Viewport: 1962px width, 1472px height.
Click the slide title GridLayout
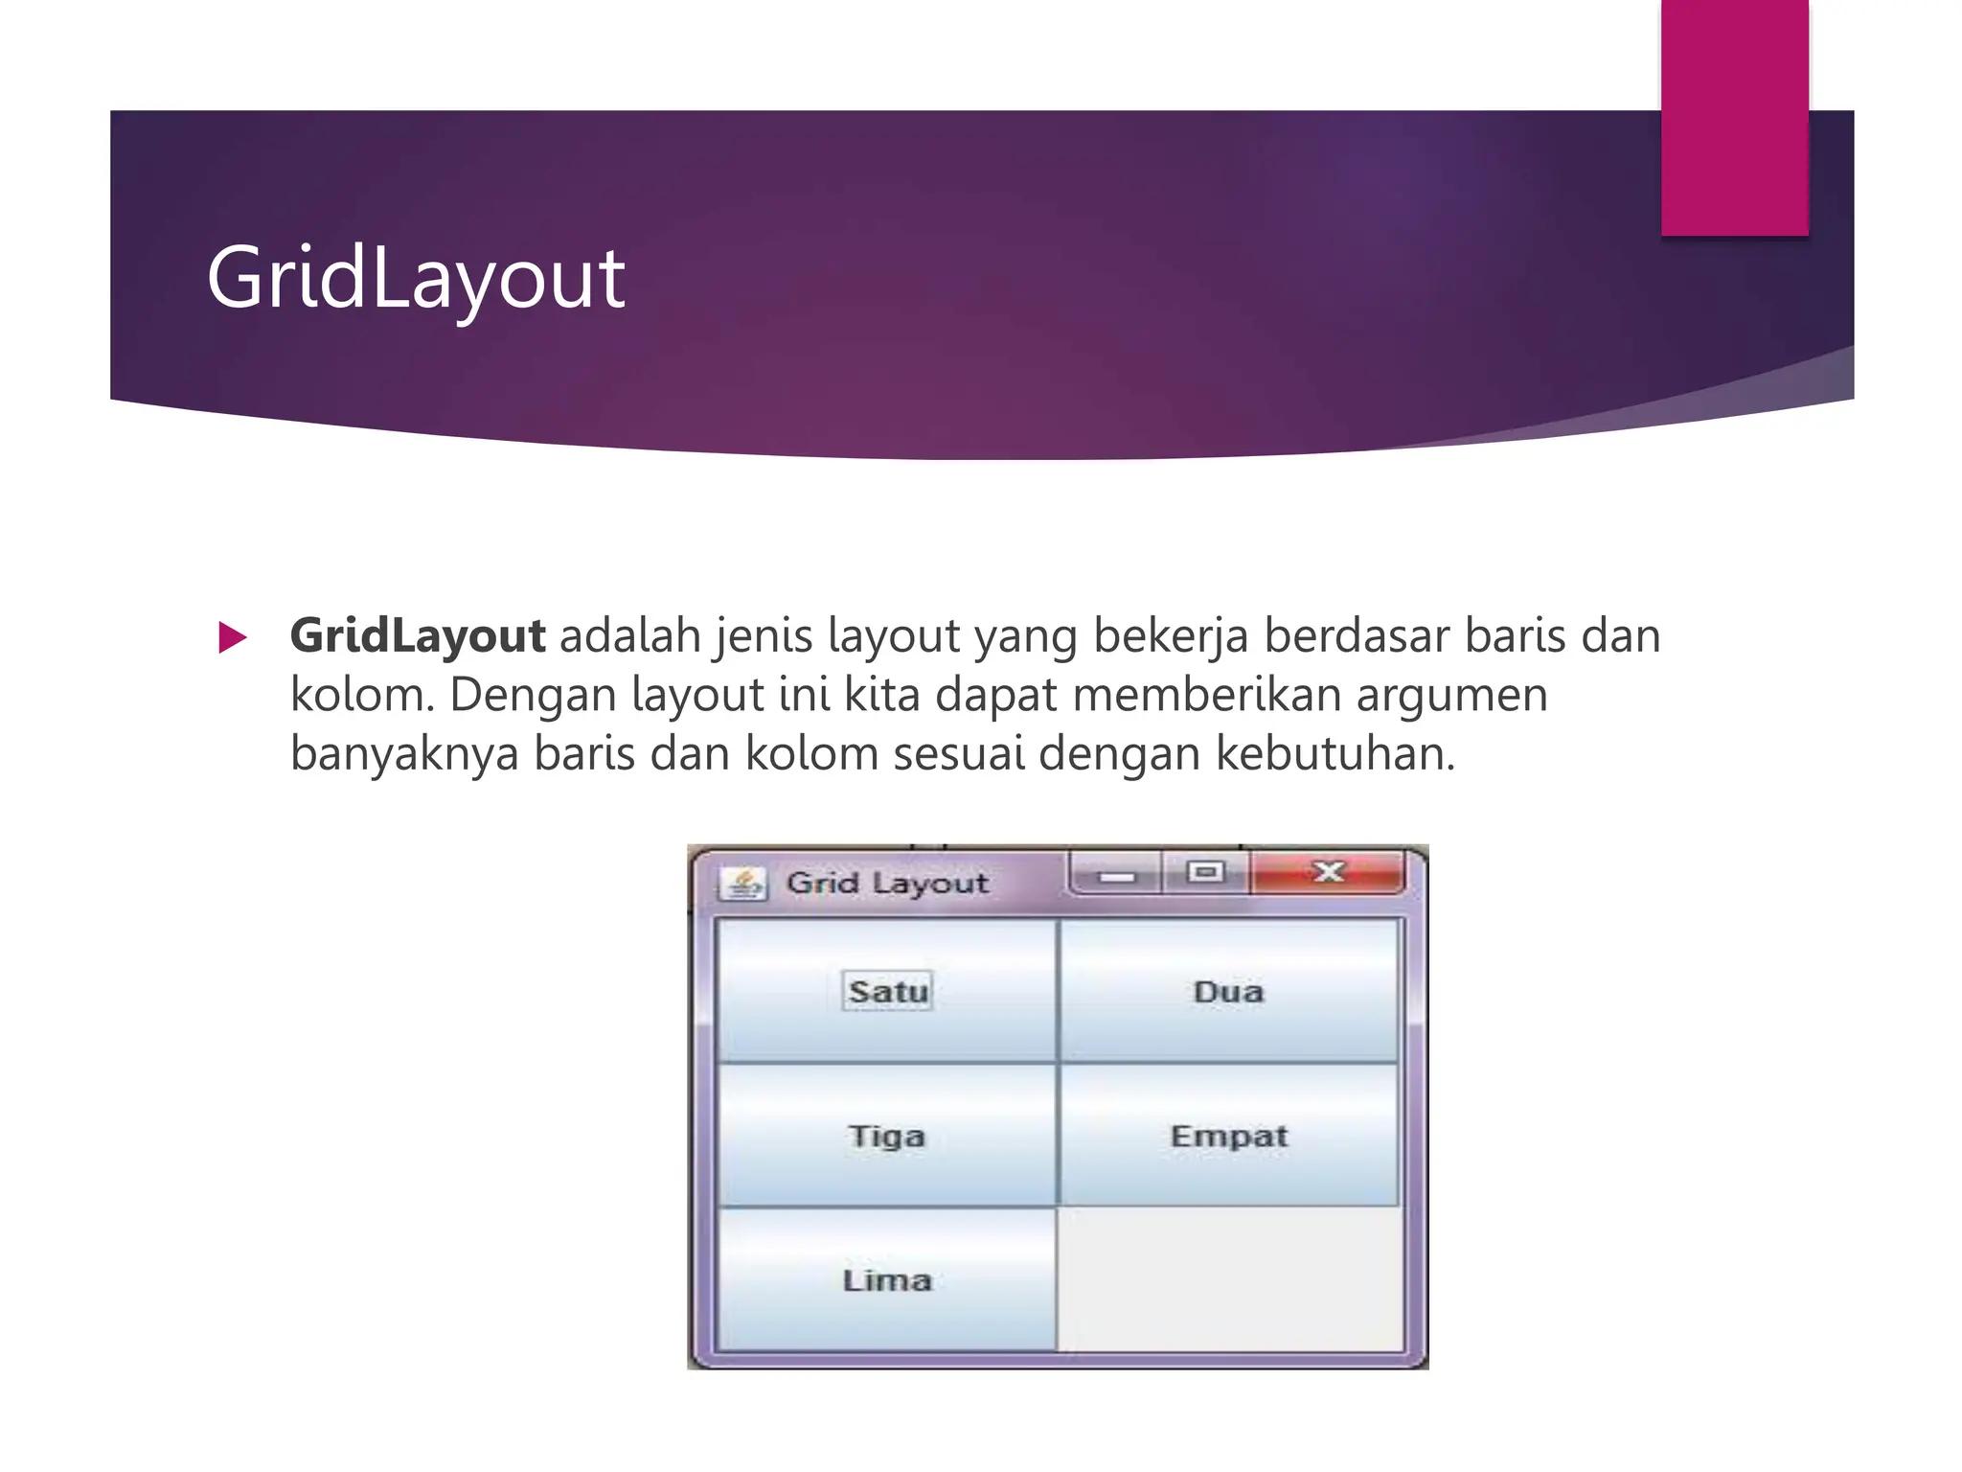tap(416, 278)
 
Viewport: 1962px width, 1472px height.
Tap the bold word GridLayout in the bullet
tap(418, 636)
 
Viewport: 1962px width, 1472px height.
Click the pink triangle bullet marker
tap(232, 638)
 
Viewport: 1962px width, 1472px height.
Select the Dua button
tap(1228, 991)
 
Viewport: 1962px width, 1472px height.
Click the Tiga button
tap(886, 1136)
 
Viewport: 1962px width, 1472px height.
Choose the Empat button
tap(1228, 1136)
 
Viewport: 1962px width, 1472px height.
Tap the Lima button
tap(886, 1280)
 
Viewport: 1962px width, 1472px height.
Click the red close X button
tap(1328, 873)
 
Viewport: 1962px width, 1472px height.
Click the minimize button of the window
tap(1116, 875)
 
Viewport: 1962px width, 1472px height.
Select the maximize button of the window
tap(1205, 872)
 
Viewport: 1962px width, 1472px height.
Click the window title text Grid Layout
tap(887, 883)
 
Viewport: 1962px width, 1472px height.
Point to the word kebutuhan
tap(1335, 753)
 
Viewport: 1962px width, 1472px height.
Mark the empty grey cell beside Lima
tap(1228, 1280)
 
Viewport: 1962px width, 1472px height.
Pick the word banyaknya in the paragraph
tap(404, 753)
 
